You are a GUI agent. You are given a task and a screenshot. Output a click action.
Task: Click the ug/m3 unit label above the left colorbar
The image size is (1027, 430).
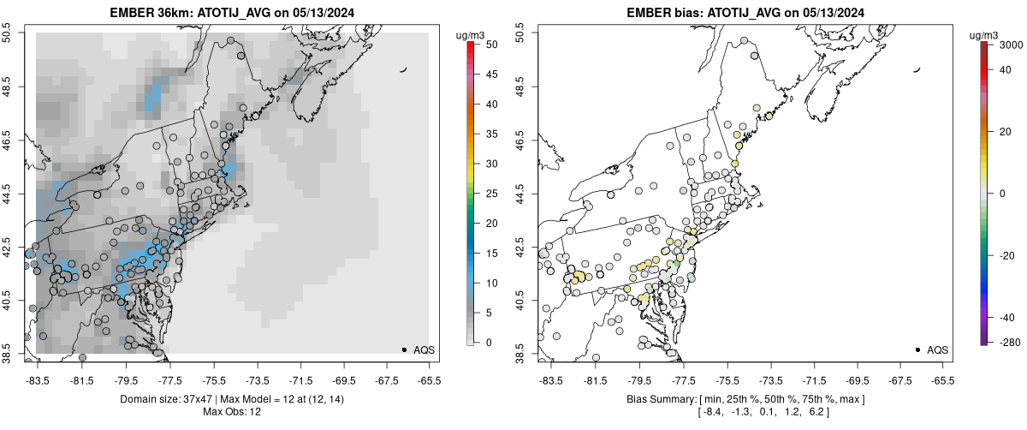click(474, 33)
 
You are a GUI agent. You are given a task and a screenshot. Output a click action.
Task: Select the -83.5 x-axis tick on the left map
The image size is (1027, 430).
click(38, 380)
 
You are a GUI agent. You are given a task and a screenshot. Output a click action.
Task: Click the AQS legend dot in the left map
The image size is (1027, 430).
click(404, 349)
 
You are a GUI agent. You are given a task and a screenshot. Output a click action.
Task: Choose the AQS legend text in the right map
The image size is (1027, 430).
click(939, 349)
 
